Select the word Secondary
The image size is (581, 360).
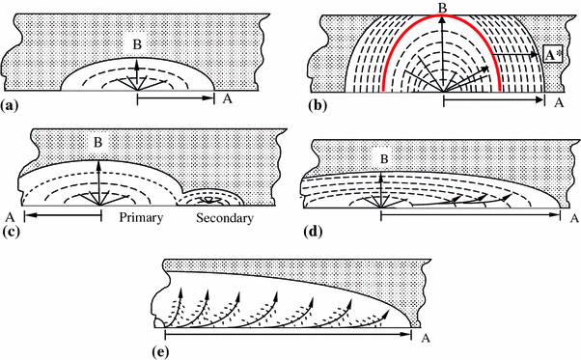coord(225,219)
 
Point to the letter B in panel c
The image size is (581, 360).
coord(97,144)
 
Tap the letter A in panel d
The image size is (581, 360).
coord(573,218)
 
